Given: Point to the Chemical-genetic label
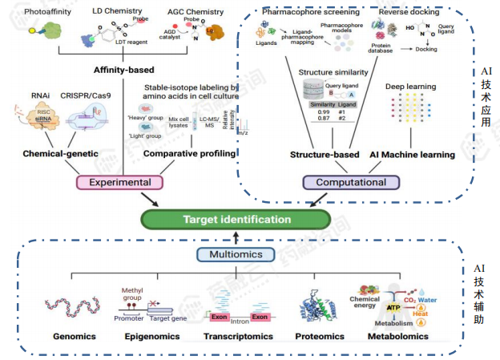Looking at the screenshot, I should point(59,153).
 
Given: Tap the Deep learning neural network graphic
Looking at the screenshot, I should point(413,112).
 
